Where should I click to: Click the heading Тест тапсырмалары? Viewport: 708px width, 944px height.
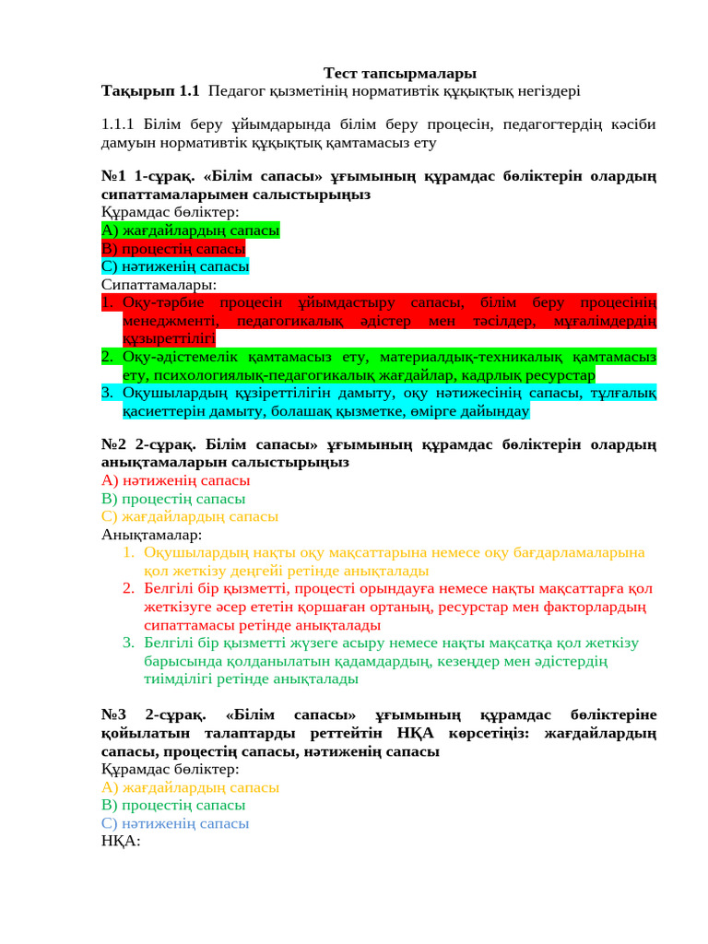pyautogui.click(x=399, y=73)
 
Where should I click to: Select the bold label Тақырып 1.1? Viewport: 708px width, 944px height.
pyautogui.click(x=150, y=90)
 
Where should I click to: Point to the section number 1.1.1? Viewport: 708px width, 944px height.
pyautogui.click(x=118, y=124)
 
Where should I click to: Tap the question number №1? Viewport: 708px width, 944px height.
pyautogui.click(x=113, y=176)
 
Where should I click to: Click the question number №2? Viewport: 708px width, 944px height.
pyautogui.click(x=113, y=444)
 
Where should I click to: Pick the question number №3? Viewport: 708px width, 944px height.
pyautogui.click(x=113, y=715)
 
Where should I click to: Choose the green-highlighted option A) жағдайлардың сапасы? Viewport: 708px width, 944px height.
pyautogui.click(x=191, y=230)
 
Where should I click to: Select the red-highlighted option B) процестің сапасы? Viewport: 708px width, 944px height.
pyautogui.click(x=173, y=249)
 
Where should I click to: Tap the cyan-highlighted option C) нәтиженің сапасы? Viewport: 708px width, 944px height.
pyautogui.click(x=175, y=266)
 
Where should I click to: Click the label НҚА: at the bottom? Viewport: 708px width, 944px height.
pyautogui.click(x=120, y=841)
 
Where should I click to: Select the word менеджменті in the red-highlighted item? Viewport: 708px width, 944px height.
pyautogui.click(x=170, y=321)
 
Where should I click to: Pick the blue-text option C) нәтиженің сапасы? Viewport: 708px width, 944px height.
pyautogui.click(x=175, y=823)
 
